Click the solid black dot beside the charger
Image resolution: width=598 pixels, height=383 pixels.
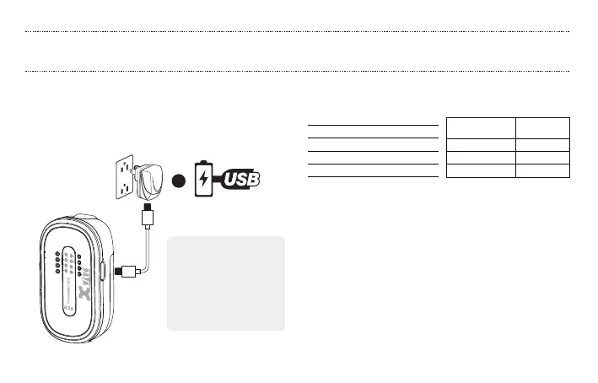[177, 183]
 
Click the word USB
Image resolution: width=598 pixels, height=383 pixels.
[243, 179]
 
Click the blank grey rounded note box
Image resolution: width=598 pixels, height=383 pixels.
[226, 283]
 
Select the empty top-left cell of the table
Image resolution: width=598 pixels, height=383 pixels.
[481, 127]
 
